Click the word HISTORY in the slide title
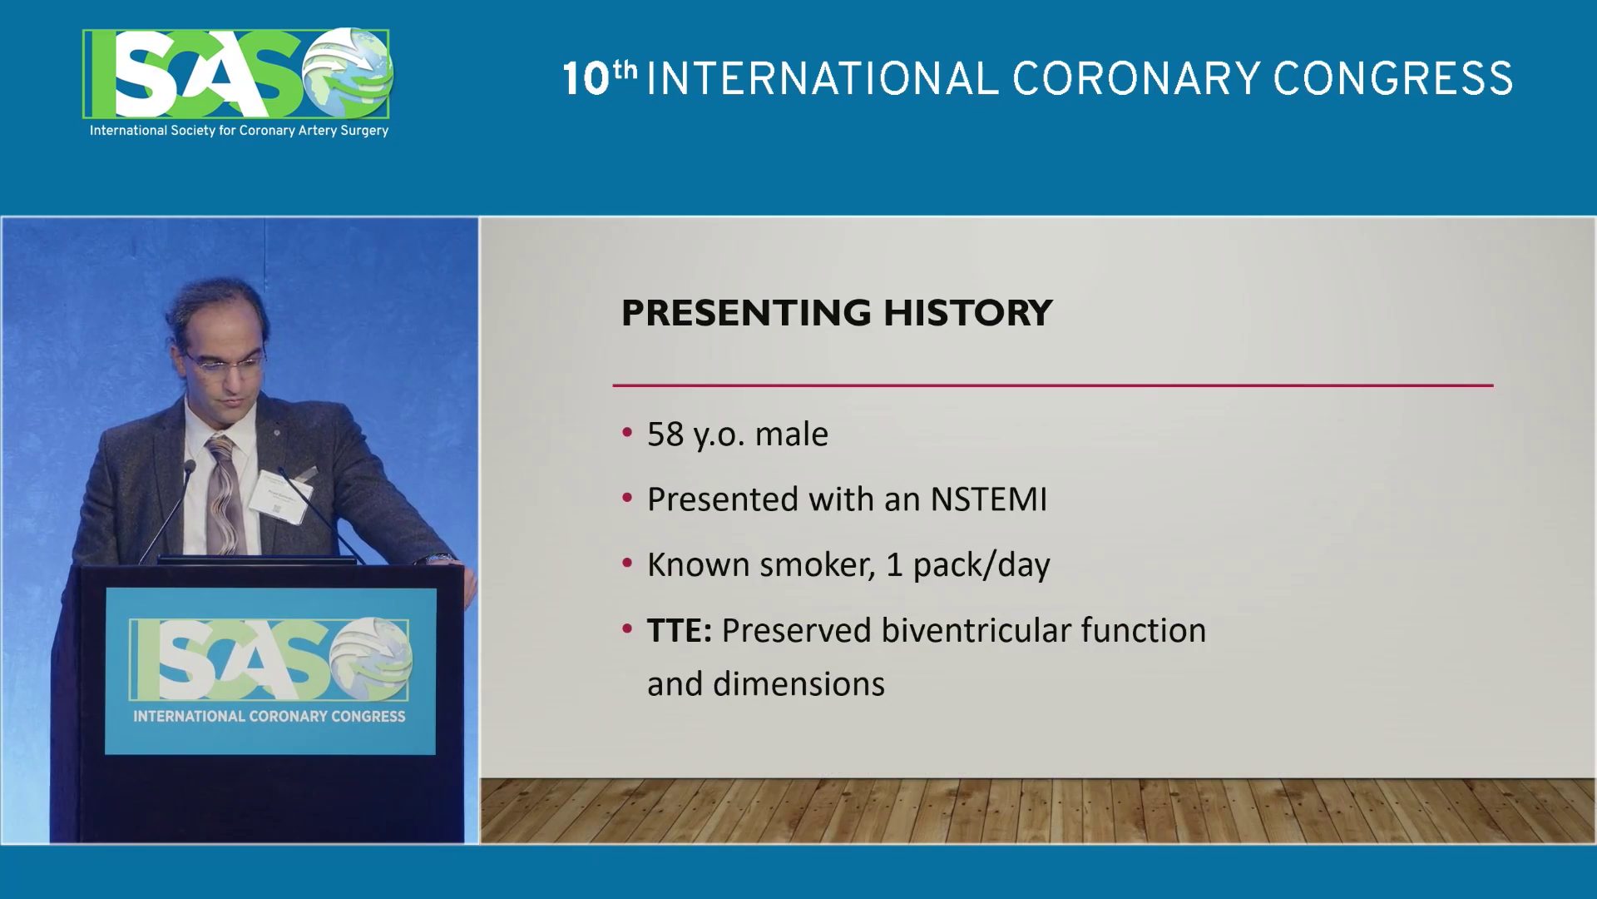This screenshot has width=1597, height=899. (x=967, y=313)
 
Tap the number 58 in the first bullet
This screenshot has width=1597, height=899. (x=665, y=435)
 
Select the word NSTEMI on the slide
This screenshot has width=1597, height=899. (x=989, y=499)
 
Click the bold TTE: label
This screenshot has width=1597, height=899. (x=680, y=630)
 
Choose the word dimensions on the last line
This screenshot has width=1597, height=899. (x=799, y=684)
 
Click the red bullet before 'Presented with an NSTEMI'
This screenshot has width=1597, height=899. (x=628, y=499)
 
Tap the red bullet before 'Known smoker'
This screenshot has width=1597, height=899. (x=628, y=564)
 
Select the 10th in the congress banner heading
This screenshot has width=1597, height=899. (x=600, y=77)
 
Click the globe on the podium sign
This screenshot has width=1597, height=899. (x=371, y=660)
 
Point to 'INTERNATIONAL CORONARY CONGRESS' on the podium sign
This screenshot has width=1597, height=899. (x=269, y=716)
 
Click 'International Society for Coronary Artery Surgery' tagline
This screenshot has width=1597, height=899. (x=239, y=131)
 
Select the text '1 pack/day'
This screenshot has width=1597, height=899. (x=968, y=564)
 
